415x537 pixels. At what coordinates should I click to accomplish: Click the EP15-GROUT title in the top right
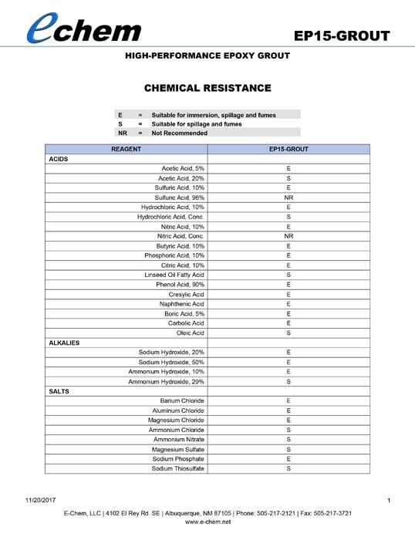pyautogui.click(x=342, y=36)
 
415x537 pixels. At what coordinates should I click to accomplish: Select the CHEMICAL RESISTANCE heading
pyautogui.click(x=207, y=88)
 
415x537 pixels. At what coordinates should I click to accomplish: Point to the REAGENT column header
pyautogui.click(x=126, y=148)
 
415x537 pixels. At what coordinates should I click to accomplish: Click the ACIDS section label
pyautogui.click(x=58, y=158)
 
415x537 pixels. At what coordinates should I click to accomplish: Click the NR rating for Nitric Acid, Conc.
pyautogui.click(x=288, y=236)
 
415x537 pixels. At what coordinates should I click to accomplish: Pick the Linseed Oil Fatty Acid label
pyautogui.click(x=174, y=275)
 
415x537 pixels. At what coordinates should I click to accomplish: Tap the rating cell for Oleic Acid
pyautogui.click(x=288, y=333)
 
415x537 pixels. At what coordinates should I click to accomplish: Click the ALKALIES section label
pyautogui.click(x=64, y=342)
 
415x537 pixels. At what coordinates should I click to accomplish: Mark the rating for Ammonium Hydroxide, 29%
pyautogui.click(x=288, y=381)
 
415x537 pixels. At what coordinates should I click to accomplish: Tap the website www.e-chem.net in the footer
pyautogui.click(x=207, y=522)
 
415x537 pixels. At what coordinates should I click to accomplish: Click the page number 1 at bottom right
pyautogui.click(x=389, y=502)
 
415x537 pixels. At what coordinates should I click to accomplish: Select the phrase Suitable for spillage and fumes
pyautogui.click(x=197, y=123)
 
